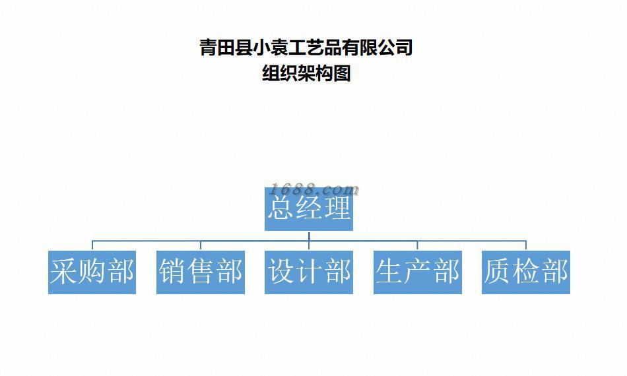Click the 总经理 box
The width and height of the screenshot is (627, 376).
tap(309, 209)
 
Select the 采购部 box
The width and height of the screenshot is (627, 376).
tap(92, 272)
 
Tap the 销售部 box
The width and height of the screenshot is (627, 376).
tap(201, 272)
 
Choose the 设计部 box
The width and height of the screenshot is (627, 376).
tap(309, 272)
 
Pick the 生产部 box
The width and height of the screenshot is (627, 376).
tap(417, 272)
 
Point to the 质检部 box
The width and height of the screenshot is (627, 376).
tap(526, 272)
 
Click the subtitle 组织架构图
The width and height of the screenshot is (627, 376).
tap(306, 73)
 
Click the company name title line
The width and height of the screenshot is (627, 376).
tap(306, 47)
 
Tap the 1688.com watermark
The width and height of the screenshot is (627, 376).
tap(315, 190)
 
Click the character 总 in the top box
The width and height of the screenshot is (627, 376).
tap(280, 209)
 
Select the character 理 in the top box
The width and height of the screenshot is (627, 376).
tap(338, 209)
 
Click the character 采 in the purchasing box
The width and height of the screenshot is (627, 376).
tap(64, 272)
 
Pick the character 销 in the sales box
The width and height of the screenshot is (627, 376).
tap(172, 272)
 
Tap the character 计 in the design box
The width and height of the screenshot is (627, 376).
tap(309, 272)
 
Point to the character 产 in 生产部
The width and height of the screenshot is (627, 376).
tap(417, 272)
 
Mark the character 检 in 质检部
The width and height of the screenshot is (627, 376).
tap(526, 272)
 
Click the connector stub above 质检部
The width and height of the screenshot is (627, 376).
tap(526, 245)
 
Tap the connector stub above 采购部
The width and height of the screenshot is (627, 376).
tap(92, 245)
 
